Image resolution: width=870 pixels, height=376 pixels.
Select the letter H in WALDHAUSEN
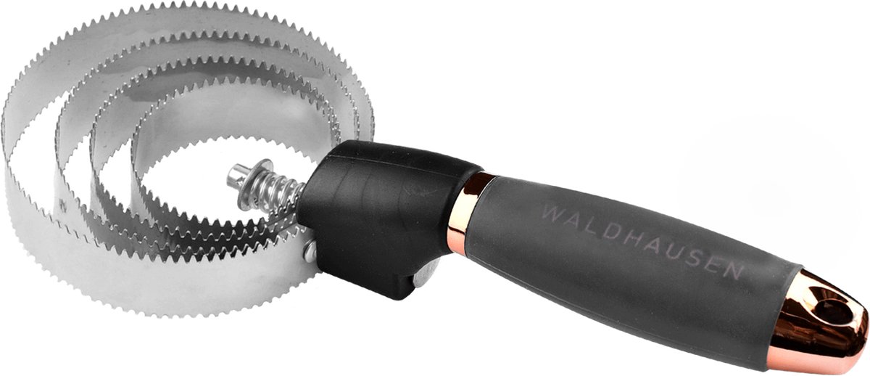pos(631,240)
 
